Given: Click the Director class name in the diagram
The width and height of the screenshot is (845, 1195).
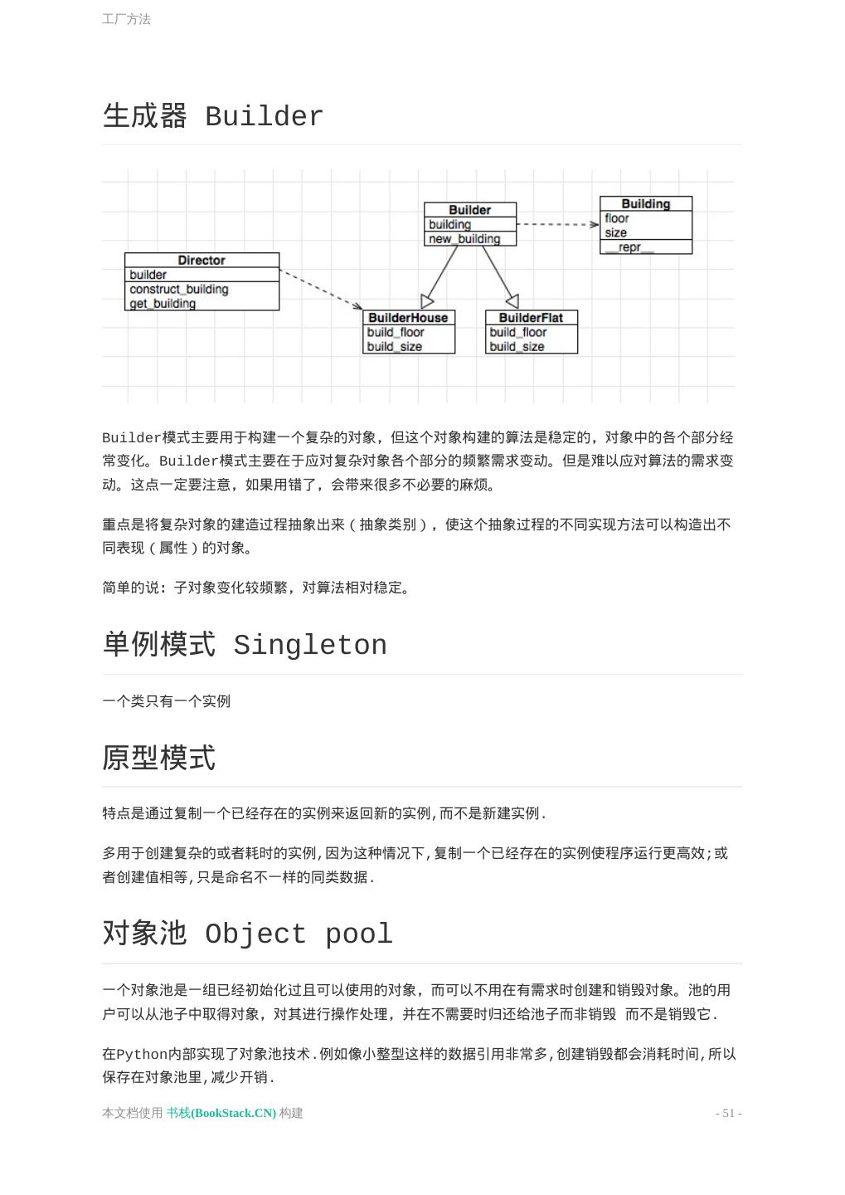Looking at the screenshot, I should (202, 261).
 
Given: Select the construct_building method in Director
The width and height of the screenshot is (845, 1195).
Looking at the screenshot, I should (178, 289).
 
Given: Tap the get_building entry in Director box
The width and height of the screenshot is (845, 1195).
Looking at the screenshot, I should (163, 304).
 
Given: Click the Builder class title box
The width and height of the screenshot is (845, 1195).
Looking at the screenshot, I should (469, 210).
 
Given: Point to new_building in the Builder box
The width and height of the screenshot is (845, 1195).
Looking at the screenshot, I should (464, 239).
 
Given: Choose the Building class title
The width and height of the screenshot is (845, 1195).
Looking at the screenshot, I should (645, 204).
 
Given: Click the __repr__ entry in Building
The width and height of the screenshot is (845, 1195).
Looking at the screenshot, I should (629, 247).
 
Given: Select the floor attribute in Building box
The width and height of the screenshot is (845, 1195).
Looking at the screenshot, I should (617, 218).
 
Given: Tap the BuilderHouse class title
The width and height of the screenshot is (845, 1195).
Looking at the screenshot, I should (408, 318).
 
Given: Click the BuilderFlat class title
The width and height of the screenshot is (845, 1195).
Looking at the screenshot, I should (531, 318).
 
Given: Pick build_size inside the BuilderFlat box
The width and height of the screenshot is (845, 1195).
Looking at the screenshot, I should (517, 347).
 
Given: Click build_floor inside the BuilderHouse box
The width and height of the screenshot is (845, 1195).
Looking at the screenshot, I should (396, 332).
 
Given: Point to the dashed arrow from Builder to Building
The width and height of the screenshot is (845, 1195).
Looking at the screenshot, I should (557, 224).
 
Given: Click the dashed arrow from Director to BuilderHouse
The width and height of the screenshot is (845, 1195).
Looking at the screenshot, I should (321, 289).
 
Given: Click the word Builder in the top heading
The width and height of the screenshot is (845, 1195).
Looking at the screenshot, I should (264, 117).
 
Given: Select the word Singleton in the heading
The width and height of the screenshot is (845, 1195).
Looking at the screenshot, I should (309, 646).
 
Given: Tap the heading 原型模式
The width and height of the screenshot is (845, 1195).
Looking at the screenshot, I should (159, 758).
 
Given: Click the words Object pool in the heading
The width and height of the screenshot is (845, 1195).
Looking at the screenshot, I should (299, 934).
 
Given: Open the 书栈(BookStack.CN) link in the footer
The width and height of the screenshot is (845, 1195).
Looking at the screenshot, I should (221, 1113).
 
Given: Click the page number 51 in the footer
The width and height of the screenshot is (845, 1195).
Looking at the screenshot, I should (728, 1113).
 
